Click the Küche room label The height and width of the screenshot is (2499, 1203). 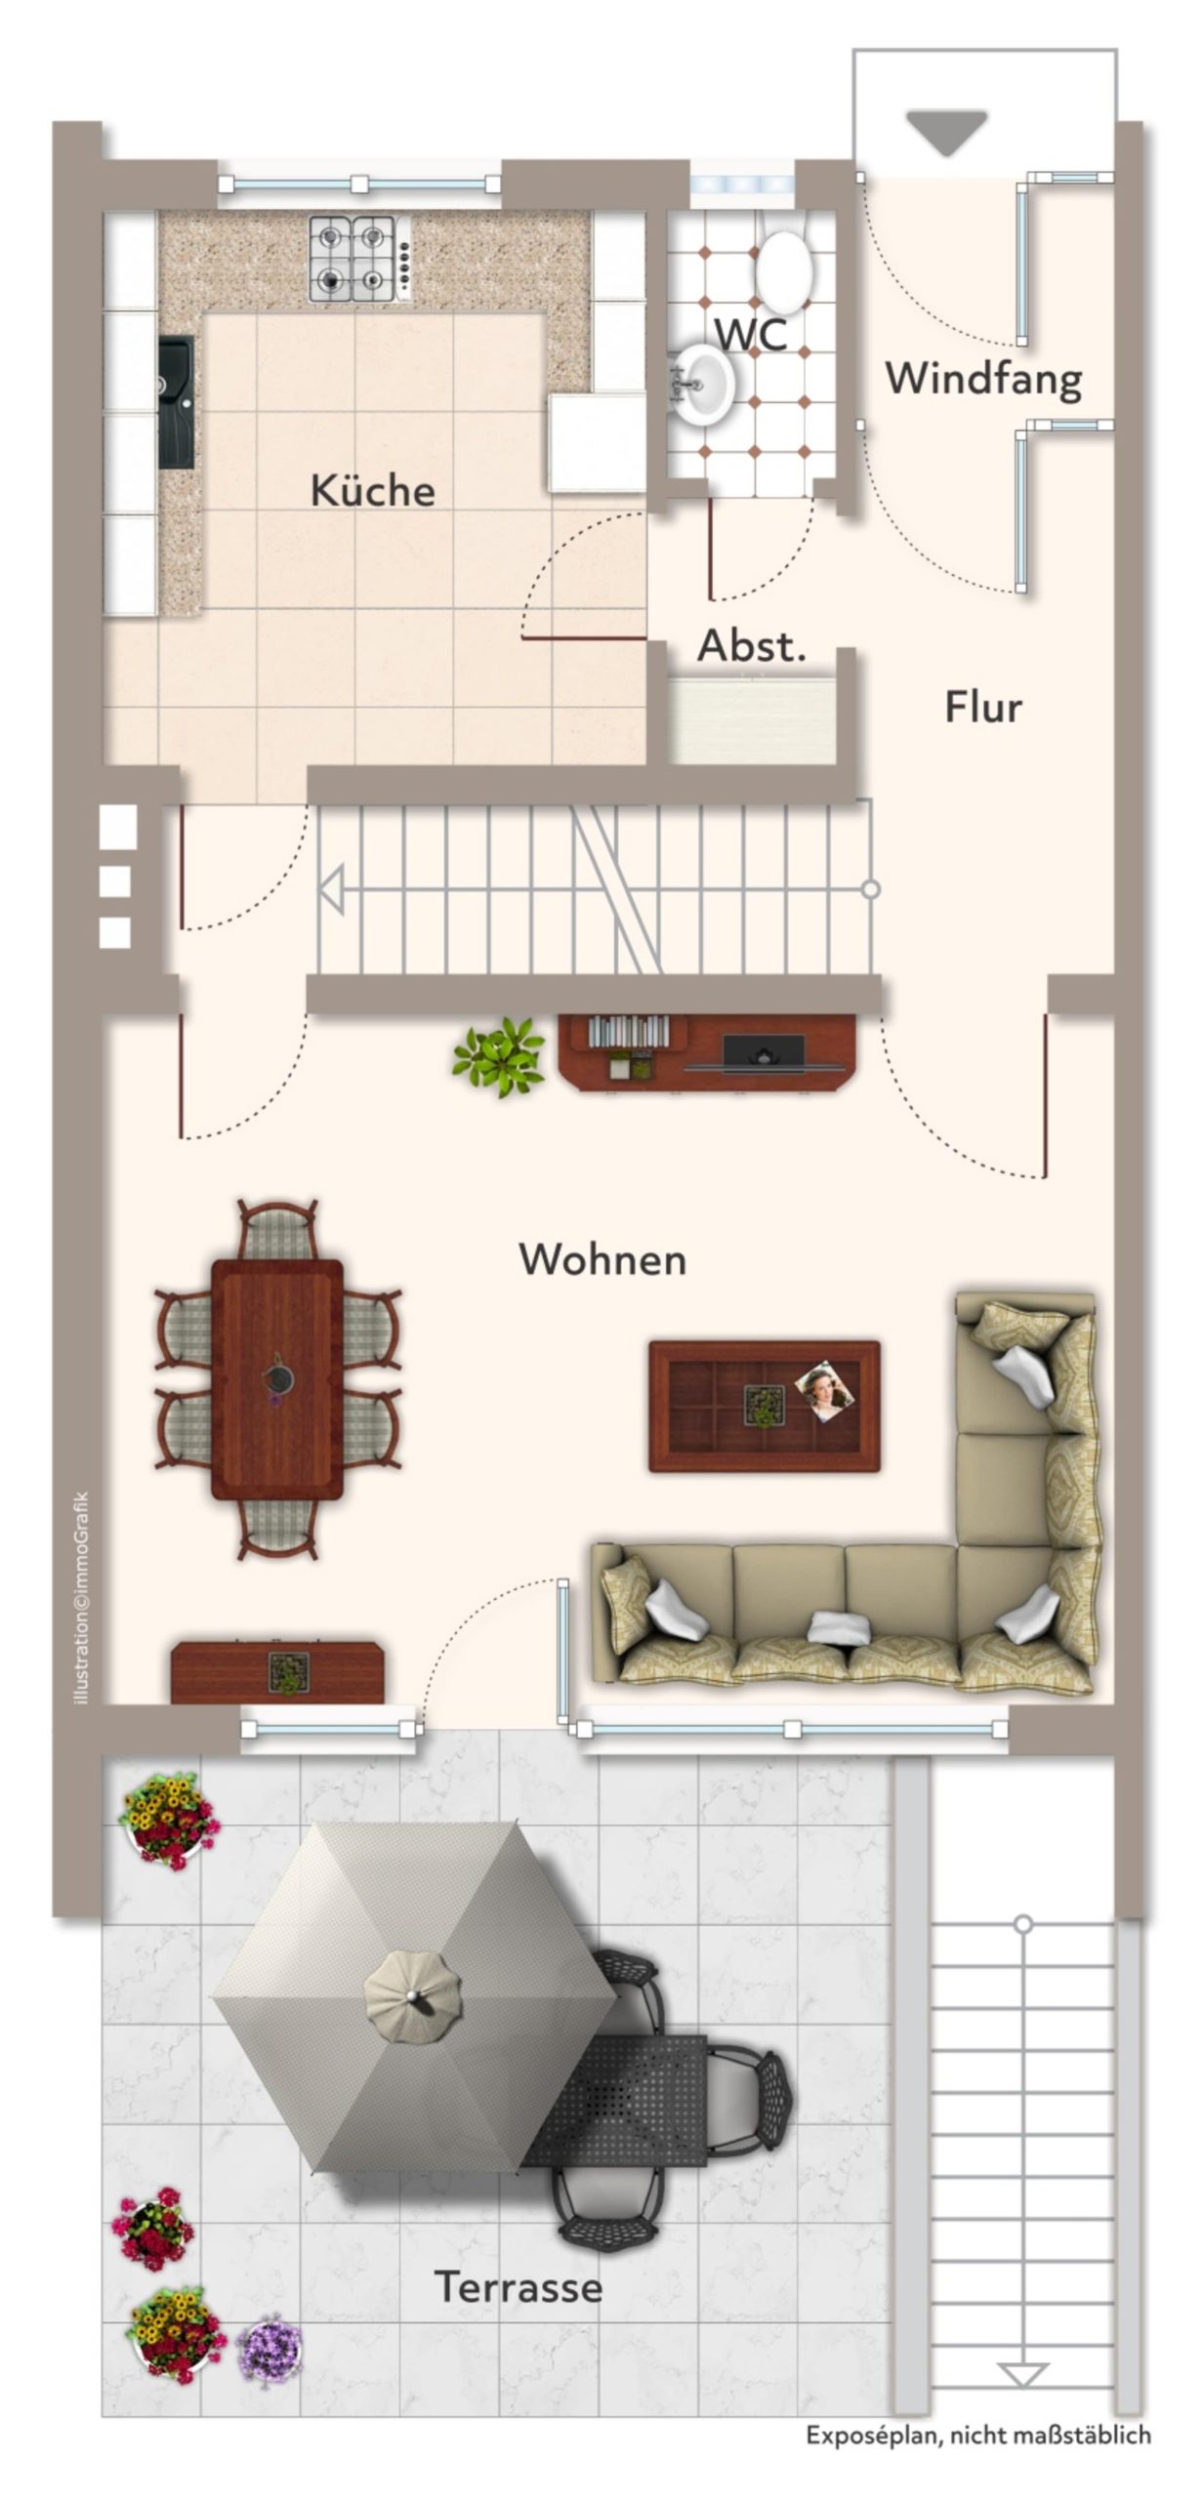[372, 489]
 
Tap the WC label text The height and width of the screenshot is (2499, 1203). [750, 334]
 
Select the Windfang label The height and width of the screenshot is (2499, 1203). [983, 379]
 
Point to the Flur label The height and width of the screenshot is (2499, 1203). [982, 706]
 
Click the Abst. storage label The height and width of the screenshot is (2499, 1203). [752, 645]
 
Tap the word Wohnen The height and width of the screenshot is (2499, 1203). [602, 1259]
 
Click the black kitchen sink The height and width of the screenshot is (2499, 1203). [177, 403]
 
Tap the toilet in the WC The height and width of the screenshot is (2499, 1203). [784, 266]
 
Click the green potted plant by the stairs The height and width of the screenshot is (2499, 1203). [499, 1056]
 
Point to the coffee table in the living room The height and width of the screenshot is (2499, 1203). [765, 1406]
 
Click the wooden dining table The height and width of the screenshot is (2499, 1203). [277, 1379]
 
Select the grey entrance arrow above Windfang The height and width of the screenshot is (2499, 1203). [946, 133]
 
